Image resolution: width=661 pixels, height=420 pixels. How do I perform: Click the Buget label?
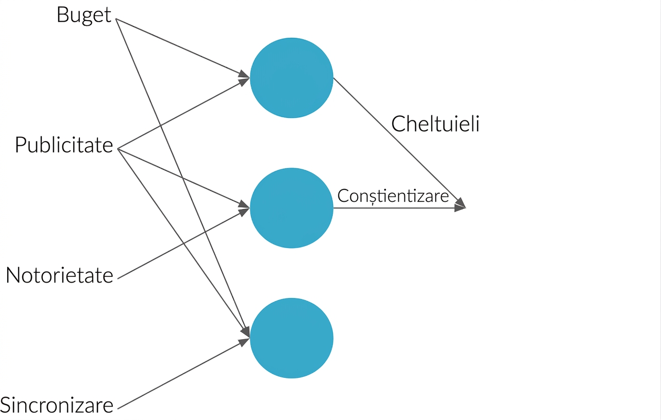click(84, 15)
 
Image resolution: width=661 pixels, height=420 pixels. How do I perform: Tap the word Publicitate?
click(64, 145)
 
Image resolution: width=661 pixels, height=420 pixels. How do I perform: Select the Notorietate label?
click(59, 275)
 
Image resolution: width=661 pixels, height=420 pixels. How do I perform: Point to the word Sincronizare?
click(57, 405)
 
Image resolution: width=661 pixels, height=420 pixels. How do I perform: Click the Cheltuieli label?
click(435, 124)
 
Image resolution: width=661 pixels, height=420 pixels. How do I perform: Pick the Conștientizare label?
click(393, 196)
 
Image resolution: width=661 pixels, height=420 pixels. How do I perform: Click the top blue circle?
click(292, 78)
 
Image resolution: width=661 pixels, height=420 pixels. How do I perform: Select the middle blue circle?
click(292, 208)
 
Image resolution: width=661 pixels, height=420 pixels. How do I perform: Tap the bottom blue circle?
click(292, 338)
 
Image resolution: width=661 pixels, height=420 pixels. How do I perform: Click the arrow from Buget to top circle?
click(183, 48)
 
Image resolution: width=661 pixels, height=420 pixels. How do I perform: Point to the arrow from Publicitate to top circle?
click(184, 113)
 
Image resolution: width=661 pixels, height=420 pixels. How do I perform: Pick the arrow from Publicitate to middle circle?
click(184, 178)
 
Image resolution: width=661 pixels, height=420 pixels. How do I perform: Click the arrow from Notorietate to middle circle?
click(184, 243)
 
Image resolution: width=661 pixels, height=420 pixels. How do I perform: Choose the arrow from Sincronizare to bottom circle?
click(184, 374)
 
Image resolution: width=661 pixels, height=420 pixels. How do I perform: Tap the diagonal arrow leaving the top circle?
click(400, 143)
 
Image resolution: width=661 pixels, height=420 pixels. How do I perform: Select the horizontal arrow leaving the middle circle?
click(400, 208)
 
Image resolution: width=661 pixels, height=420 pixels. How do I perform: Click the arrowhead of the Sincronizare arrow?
click(244, 342)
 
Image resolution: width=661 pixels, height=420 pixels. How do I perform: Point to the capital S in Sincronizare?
click(6, 405)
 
